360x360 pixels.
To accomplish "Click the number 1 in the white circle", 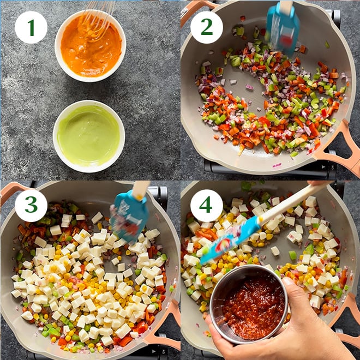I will point(31,27).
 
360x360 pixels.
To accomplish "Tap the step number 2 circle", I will point(206,27).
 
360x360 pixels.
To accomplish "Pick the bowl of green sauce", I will point(88,136).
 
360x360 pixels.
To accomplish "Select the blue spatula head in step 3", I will point(128,215).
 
